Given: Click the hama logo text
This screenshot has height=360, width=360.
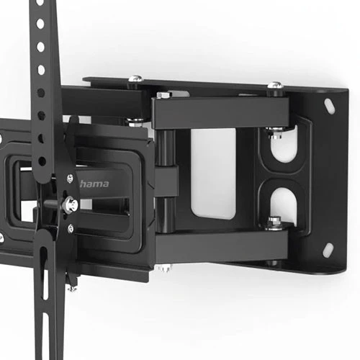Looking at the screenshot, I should point(96,184).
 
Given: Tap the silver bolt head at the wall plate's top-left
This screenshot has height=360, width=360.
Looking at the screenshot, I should point(134,81).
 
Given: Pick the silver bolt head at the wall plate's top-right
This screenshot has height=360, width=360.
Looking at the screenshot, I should point(274,86).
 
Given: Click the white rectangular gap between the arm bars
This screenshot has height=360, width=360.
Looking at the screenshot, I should point(213,174).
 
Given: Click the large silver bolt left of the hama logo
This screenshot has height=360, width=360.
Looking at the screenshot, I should point(69,205).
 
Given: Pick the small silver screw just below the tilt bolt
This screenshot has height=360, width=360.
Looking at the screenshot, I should point(70,227).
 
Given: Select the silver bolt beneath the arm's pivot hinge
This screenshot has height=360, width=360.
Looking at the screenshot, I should point(163,269).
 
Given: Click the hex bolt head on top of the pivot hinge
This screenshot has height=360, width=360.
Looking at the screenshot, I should point(164,94).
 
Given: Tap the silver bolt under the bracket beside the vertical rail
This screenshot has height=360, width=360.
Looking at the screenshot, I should point(73,288).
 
